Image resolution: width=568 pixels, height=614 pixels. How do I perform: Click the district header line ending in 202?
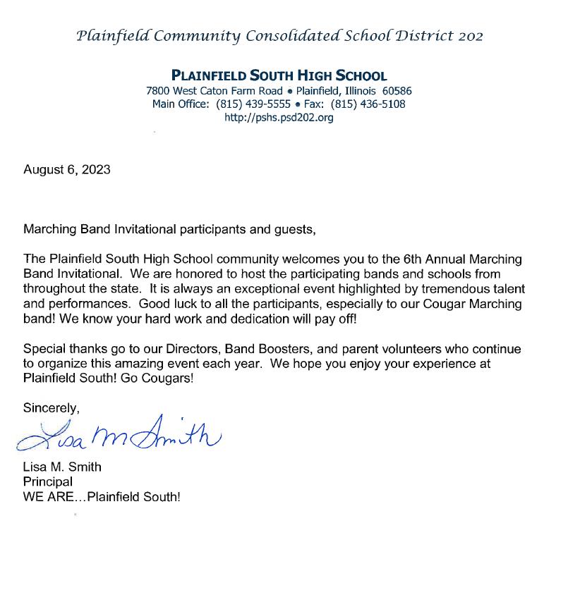pyautogui.click(x=279, y=36)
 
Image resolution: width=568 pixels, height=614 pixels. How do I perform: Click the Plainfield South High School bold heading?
pyautogui.click(x=279, y=76)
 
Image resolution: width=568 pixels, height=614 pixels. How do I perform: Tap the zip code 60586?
pyautogui.click(x=397, y=91)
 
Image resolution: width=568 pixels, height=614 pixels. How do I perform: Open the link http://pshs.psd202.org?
pyautogui.click(x=279, y=118)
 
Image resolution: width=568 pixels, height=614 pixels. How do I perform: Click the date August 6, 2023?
pyautogui.click(x=67, y=170)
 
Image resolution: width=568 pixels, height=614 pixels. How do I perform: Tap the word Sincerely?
pyautogui.click(x=51, y=407)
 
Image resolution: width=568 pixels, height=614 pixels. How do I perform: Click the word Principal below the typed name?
pyautogui.click(x=48, y=481)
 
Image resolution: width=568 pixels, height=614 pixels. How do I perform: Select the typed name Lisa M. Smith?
pyautogui.click(x=62, y=467)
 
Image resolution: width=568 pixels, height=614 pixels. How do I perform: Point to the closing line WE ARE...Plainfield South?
pyautogui.click(x=102, y=496)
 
